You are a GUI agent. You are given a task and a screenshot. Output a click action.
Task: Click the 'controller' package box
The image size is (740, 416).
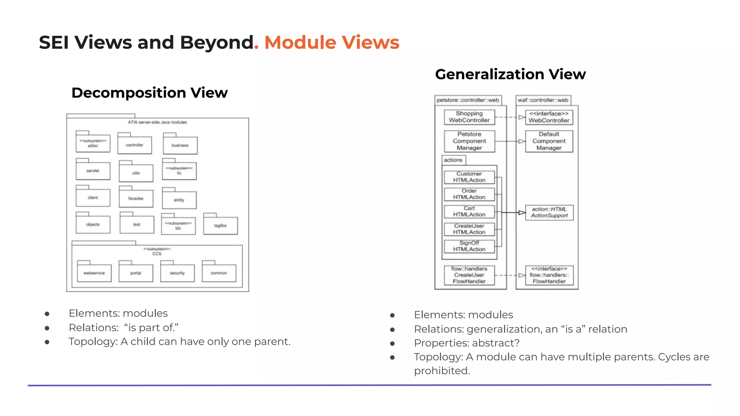pos(134,145)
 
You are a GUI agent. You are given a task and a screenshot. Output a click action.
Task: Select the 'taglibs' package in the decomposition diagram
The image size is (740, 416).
pos(220,226)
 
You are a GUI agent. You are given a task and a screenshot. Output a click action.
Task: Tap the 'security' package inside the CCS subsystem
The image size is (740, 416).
pos(177,273)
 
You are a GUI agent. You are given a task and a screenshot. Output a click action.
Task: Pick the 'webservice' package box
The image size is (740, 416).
pos(94,273)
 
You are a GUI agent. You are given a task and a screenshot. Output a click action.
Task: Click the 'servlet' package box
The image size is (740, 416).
pos(93,171)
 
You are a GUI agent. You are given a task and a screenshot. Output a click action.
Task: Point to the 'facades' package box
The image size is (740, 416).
pos(136,199)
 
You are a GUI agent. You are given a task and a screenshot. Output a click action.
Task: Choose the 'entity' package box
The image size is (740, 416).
pos(179,200)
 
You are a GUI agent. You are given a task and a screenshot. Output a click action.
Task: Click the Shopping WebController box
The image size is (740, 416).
pos(469,117)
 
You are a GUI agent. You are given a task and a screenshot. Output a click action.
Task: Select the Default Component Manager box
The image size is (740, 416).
pos(549,141)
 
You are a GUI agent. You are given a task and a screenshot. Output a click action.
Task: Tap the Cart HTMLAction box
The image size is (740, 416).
pos(469,212)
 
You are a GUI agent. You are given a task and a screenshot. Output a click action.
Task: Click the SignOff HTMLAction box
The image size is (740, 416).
pos(469,246)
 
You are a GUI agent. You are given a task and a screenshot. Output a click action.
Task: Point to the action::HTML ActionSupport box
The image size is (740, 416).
pos(549,212)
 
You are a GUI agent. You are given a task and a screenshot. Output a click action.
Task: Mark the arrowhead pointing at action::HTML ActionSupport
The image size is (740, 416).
pos(522,213)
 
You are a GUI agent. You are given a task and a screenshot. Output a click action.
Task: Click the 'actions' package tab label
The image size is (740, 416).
pos(453,160)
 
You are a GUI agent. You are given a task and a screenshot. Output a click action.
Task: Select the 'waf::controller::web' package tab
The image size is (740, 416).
pos(543,100)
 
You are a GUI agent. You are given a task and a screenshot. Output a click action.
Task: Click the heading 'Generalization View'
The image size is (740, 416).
pos(510,74)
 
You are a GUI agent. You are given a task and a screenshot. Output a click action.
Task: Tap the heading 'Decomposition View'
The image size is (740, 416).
pos(150,93)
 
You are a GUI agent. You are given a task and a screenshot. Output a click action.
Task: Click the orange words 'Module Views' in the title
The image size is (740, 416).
pos(332,43)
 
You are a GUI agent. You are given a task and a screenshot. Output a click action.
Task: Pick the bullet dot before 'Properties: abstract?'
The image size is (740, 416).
pos(392,343)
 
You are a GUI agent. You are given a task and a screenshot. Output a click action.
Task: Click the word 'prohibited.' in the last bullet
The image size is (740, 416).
pos(442,371)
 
